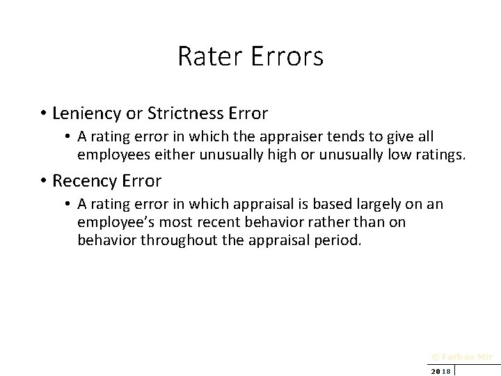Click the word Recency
[83, 182]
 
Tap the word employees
[110, 153]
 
